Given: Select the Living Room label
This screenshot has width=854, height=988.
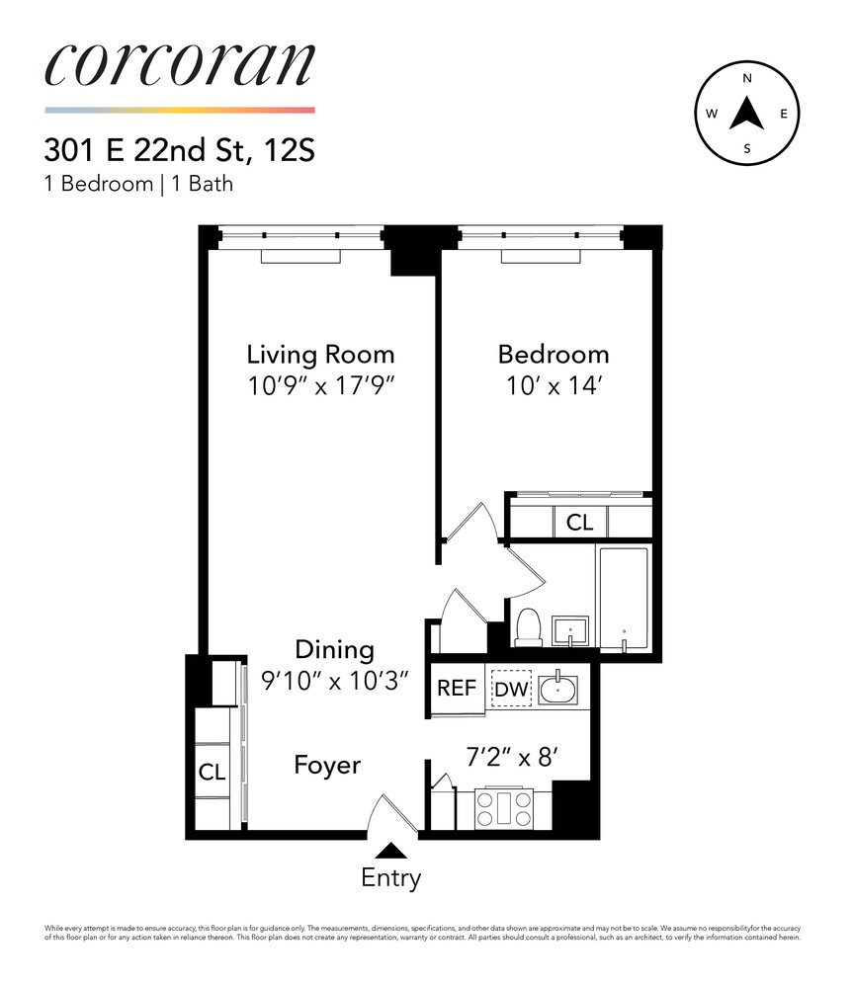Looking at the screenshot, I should (x=320, y=354).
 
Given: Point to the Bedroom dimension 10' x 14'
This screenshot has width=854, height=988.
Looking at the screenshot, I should (x=553, y=385).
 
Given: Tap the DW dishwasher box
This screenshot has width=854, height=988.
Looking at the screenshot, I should (x=511, y=690).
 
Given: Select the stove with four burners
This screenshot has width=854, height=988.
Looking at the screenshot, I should (x=505, y=809).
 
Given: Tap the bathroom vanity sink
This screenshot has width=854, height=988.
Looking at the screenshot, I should (x=570, y=629).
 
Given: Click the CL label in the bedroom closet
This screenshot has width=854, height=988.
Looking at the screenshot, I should (x=580, y=522).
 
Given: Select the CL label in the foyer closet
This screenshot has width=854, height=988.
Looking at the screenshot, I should (x=212, y=773).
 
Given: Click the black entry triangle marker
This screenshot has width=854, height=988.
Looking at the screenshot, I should (x=391, y=850).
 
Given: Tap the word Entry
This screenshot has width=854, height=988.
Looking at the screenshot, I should (x=391, y=877).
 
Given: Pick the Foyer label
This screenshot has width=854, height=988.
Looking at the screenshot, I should (x=327, y=765).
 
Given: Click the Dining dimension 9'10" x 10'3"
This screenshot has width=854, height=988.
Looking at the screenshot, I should (x=335, y=681).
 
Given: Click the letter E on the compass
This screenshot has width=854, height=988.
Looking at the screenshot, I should (x=784, y=114).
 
